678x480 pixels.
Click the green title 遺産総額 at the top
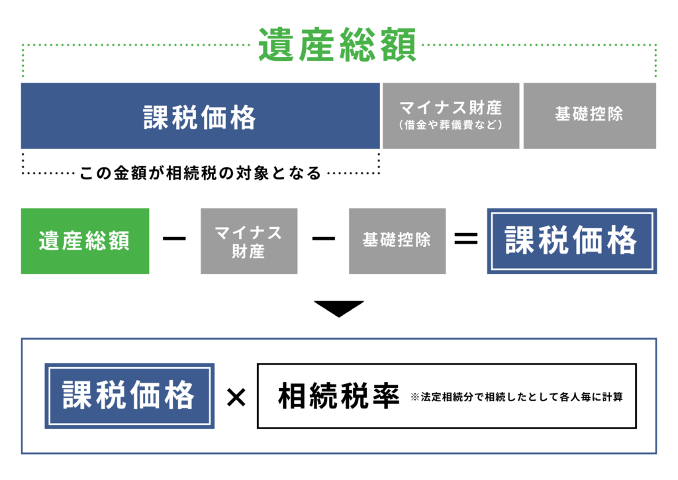[x=337, y=45]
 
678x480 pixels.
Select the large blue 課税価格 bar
[x=200, y=117]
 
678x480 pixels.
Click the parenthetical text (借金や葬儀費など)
[x=451, y=125]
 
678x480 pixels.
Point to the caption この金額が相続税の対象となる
[x=200, y=173]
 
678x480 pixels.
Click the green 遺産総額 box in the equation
[x=85, y=241]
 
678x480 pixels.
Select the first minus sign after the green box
[x=174, y=240]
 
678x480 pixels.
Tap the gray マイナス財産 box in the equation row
[x=249, y=241]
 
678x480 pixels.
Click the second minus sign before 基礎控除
[x=323, y=240]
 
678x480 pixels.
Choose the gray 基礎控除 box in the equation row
[x=397, y=241]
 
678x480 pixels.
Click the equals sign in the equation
[x=466, y=240]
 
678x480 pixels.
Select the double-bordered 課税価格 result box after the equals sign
[x=572, y=241]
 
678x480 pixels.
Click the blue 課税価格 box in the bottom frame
[x=129, y=396]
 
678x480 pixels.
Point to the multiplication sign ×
[x=236, y=397]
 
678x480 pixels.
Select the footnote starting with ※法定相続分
[x=516, y=398]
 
